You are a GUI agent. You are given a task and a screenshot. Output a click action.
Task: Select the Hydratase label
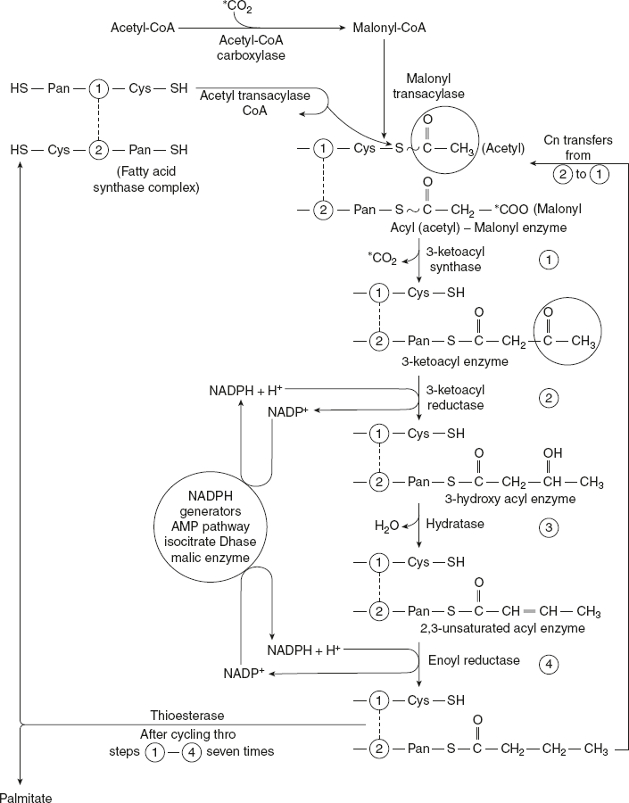tap(460, 524)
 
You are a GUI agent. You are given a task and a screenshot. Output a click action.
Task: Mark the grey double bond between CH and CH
tap(529, 612)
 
